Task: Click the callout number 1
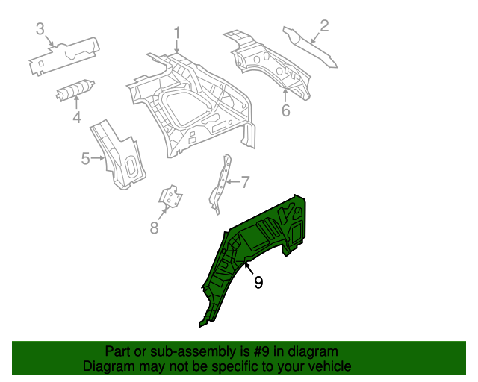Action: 178,34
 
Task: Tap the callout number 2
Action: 324,26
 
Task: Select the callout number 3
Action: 40,29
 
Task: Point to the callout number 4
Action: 76,117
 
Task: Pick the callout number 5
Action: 86,158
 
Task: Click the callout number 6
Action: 285,111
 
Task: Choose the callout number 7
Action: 244,181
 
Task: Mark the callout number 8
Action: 155,228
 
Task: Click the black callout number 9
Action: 258,282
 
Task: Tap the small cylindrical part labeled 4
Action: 75,91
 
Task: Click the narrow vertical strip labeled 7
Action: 223,183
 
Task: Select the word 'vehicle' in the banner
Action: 328,366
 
